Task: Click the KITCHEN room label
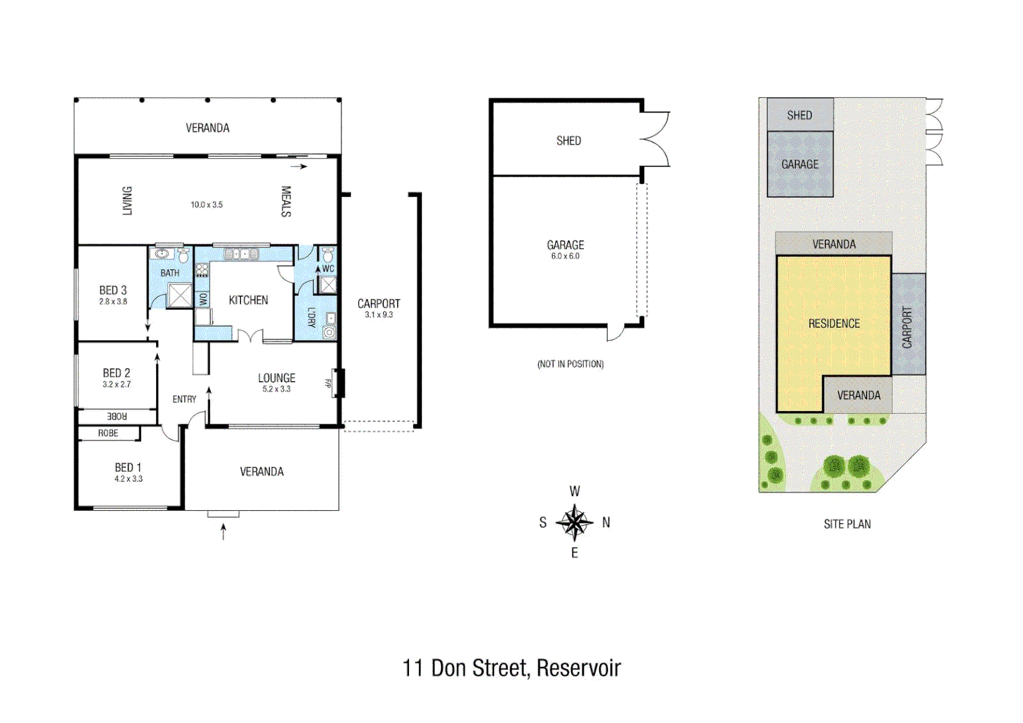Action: [248, 301]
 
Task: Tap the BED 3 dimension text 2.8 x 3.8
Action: [113, 302]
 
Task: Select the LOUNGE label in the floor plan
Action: [277, 378]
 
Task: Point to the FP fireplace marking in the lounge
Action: [328, 384]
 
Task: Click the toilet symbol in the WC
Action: [328, 255]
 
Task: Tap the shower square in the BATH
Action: [179, 295]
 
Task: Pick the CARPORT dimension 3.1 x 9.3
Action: [379, 315]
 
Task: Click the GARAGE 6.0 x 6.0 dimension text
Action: [565, 256]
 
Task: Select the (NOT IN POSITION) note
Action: [570, 364]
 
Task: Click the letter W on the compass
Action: [574, 491]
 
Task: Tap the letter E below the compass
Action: [574, 553]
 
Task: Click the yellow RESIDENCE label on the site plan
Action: [834, 324]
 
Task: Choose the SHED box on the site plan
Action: [800, 115]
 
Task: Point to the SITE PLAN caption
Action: [847, 524]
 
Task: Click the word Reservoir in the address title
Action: [578, 668]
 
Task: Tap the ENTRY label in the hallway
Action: [184, 400]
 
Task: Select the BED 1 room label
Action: [128, 467]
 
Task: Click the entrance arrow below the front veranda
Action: [224, 532]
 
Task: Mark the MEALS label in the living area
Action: [286, 202]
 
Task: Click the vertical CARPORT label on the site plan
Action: [908, 327]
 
